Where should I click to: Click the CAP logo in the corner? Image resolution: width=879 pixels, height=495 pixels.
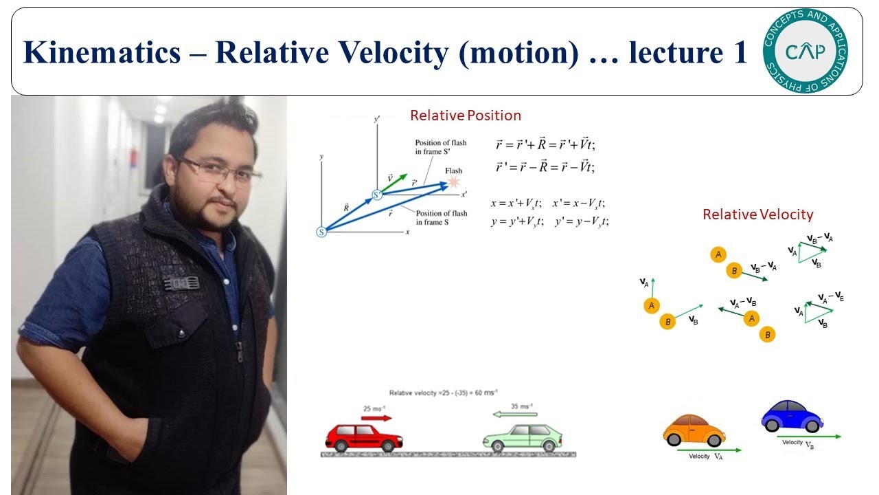pos(805,50)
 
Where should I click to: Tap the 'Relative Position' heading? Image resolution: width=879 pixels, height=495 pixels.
pos(465,115)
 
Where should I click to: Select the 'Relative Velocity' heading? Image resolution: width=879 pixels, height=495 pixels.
pos(757,214)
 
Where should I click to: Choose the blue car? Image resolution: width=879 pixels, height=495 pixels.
pos(791,415)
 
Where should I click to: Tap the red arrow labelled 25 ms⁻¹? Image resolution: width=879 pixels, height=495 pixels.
pos(376,417)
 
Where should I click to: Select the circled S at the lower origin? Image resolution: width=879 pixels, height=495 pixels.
pos(321,232)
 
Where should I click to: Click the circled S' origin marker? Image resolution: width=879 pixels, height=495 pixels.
pos(377,195)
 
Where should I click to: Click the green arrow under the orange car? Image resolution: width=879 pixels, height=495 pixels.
pos(709,450)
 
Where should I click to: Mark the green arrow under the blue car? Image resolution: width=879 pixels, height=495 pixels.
pos(809,437)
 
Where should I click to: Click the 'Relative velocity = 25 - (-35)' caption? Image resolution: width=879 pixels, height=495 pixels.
pos(442,393)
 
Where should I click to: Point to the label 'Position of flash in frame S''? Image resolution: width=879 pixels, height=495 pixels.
pos(440,147)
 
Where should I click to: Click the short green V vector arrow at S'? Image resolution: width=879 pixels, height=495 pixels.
pos(392,182)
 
